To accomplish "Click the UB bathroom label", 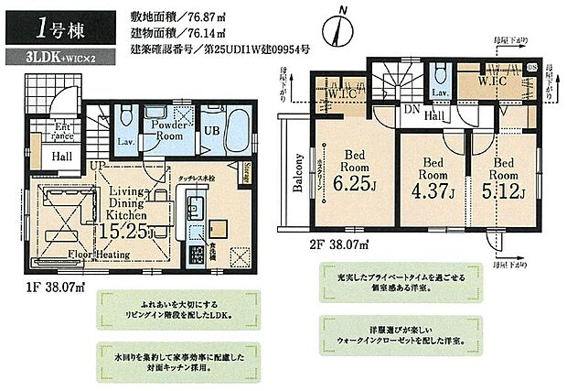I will pos(210,129).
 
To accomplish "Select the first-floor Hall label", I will pos(62,157).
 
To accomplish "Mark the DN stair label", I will pos(412,108).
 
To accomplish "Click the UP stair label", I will pos(95,165).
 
